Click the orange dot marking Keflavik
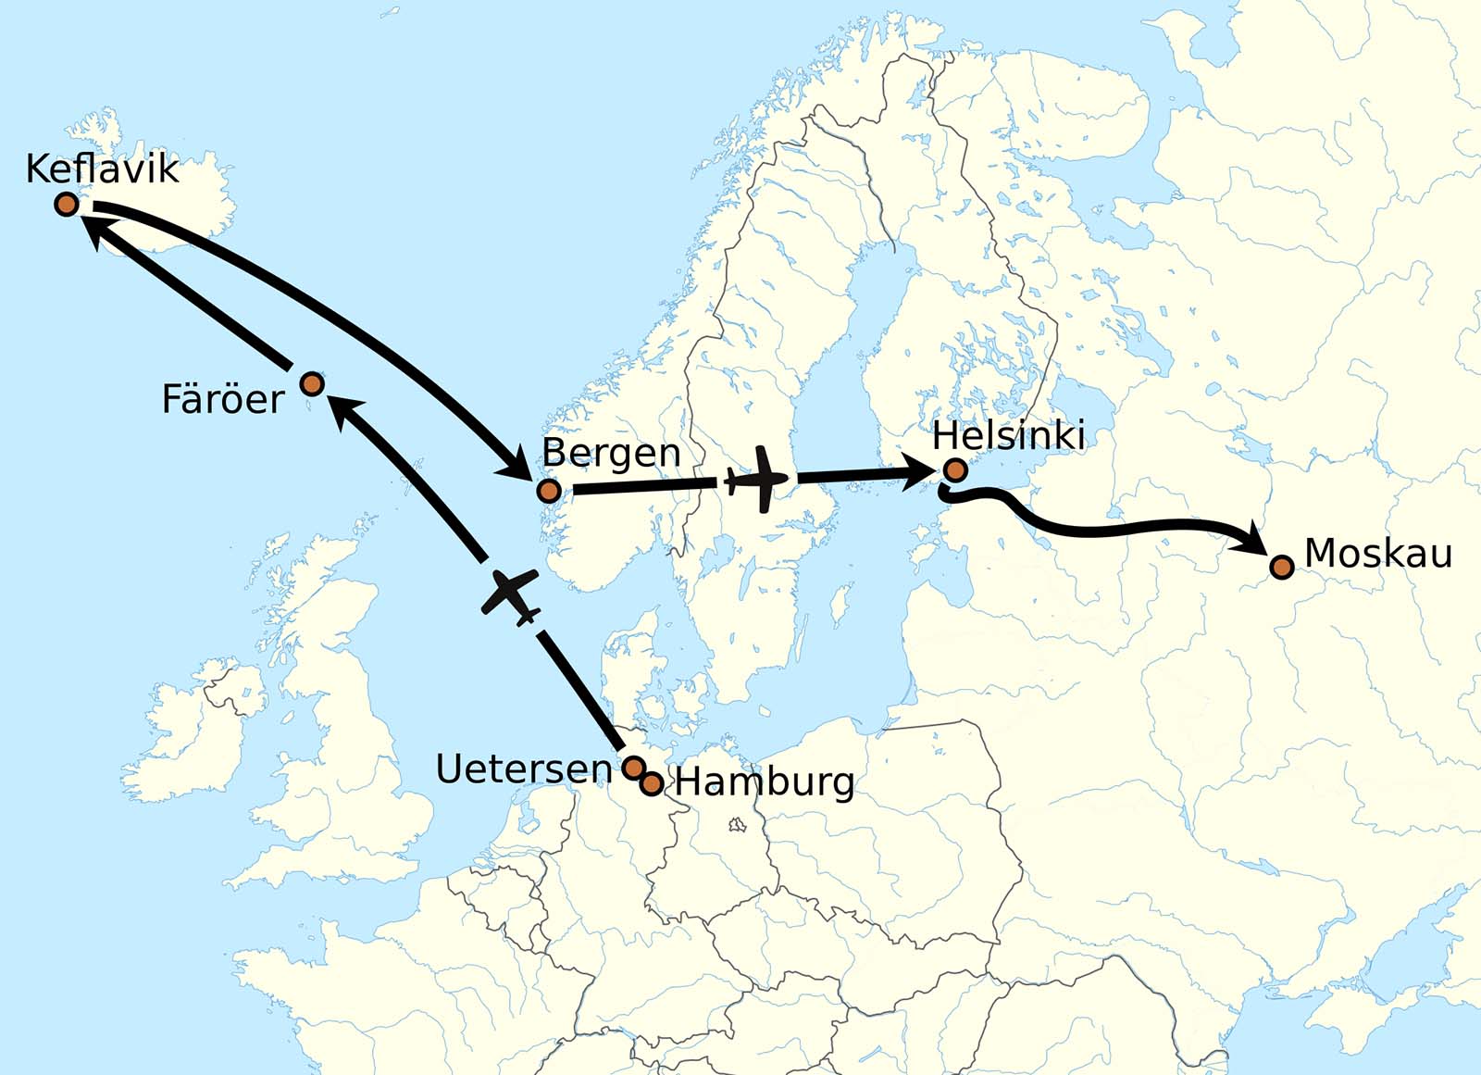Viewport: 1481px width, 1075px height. pyautogui.click(x=67, y=204)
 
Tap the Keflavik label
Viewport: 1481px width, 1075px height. pyautogui.click(x=102, y=169)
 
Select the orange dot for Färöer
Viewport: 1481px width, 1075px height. pyautogui.click(x=313, y=383)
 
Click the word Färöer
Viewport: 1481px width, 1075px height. pyautogui.click(x=223, y=400)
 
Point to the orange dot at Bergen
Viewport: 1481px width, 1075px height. pyautogui.click(x=549, y=491)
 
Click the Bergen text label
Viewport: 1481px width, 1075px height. pyautogui.click(x=611, y=454)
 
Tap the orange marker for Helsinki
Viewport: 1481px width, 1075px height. pyautogui.click(x=956, y=470)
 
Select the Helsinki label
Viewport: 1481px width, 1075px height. pyautogui.click(x=1008, y=435)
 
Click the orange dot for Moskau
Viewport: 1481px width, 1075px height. pyautogui.click(x=1281, y=567)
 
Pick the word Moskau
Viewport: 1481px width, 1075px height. pyautogui.click(x=1378, y=554)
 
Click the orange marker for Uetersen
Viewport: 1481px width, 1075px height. pyautogui.click(x=633, y=768)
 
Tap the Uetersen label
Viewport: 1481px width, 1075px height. pyautogui.click(x=524, y=769)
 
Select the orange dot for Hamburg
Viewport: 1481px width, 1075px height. pyautogui.click(x=652, y=784)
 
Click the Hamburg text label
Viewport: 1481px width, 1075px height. pyautogui.click(x=765, y=782)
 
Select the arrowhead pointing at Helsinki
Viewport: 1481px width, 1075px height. pyautogui.click(x=922, y=473)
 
